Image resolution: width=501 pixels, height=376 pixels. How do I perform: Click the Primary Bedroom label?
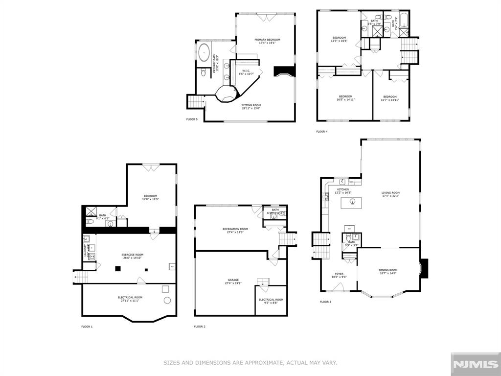267,40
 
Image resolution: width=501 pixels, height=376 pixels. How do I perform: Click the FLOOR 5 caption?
192,119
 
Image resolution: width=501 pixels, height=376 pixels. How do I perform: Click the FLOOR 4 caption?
321,131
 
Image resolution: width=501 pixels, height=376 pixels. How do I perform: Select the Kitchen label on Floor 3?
343,189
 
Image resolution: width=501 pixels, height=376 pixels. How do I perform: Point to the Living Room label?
390,192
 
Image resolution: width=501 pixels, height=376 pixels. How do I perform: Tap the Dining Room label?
388,270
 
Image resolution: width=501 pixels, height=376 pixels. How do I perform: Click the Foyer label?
339,274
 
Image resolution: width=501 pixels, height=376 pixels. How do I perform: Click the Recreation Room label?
235,229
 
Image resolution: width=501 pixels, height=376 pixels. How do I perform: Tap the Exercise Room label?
132,255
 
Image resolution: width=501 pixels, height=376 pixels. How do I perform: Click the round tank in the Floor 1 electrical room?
167,300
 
